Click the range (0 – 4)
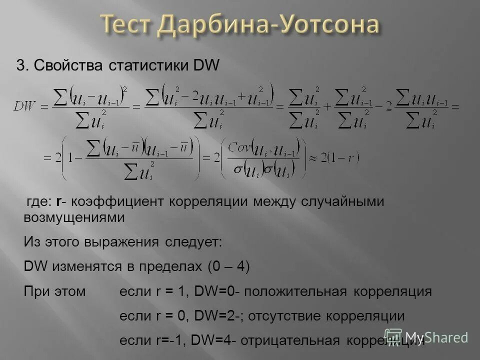click(228, 266)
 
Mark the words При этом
click(55, 291)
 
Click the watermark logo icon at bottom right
click(393, 337)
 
